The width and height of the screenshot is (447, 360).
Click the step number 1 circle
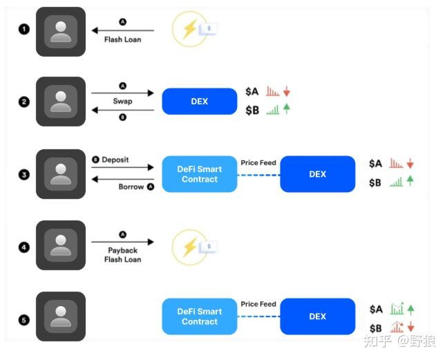[x=24, y=29]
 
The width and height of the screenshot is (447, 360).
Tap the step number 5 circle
[x=24, y=320]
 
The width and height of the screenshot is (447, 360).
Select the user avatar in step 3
[x=61, y=174]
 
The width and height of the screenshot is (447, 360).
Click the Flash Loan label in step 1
[x=122, y=39]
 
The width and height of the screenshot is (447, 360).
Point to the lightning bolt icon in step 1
[x=190, y=28]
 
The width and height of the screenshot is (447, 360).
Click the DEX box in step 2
[x=200, y=101]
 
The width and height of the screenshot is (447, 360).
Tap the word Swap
[x=122, y=101]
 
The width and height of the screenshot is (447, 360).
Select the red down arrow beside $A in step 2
[x=287, y=91]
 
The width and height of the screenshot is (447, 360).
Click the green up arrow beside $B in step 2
[x=287, y=109]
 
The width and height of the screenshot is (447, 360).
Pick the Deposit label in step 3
[x=115, y=160]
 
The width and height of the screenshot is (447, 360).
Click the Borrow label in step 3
[x=131, y=187]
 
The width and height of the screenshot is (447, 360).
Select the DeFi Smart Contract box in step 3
[x=200, y=174]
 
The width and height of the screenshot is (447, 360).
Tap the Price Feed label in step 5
[x=258, y=304]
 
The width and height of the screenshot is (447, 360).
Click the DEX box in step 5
[x=318, y=316]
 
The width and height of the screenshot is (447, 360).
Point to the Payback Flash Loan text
[x=122, y=255]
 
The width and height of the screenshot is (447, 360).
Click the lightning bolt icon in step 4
[x=190, y=247]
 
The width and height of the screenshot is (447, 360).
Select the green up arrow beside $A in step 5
[x=410, y=310]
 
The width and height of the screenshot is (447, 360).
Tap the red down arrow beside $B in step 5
[x=410, y=327]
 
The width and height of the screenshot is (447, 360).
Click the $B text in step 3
[x=375, y=182]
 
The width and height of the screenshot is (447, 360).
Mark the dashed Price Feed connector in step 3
[x=258, y=175]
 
